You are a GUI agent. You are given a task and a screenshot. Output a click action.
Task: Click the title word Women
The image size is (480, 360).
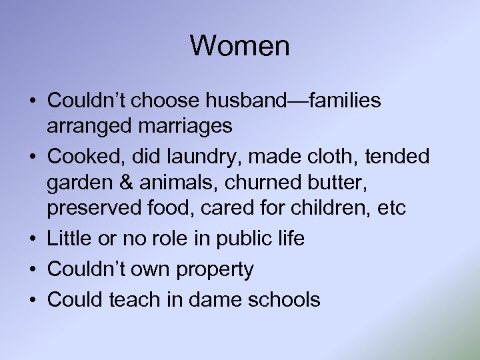[x=240, y=46]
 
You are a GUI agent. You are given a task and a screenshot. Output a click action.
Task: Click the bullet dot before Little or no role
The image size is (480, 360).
[x=32, y=239]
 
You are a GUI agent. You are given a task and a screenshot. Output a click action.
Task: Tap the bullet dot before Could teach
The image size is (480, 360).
[x=32, y=299]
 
